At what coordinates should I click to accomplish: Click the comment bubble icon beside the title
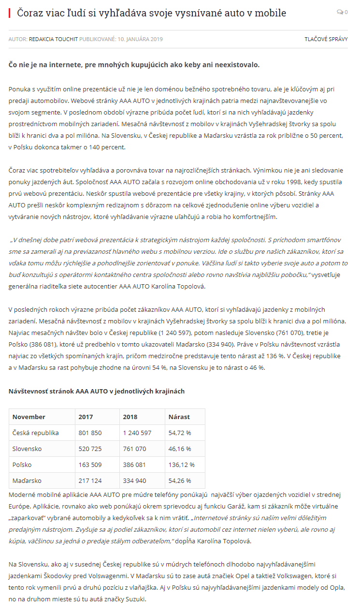339,13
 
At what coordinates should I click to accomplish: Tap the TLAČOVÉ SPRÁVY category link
326,39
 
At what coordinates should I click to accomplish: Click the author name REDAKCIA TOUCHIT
53,39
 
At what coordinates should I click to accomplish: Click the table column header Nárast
179,417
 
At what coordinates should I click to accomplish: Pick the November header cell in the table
29,417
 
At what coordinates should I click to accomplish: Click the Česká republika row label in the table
35,433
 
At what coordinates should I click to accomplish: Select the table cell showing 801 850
90,433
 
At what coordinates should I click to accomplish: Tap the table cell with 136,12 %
181,465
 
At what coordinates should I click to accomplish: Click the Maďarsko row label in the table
27,480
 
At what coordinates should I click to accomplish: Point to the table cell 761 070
134,449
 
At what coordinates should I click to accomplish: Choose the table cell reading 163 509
90,465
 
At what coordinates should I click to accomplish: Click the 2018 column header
130,417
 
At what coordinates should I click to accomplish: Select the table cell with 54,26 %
179,480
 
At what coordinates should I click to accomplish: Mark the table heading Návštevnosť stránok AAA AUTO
97,391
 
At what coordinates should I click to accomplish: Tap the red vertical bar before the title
10,13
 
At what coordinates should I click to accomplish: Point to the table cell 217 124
90,480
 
